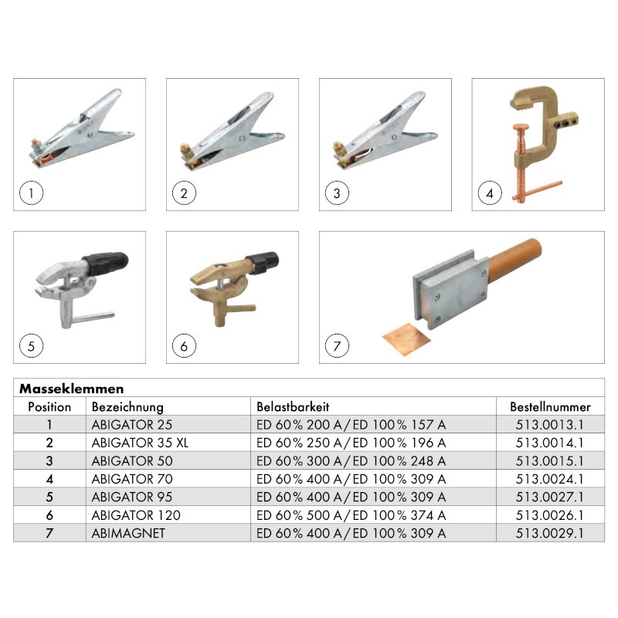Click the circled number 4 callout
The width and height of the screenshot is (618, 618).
click(x=490, y=193)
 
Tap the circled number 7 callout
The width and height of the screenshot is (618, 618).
click(x=337, y=346)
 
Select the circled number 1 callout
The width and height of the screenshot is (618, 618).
click(x=31, y=193)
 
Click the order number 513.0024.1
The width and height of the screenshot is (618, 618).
click(x=549, y=479)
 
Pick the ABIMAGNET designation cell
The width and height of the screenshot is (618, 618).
click(x=128, y=533)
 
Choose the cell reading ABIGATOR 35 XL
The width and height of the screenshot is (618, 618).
click(x=140, y=443)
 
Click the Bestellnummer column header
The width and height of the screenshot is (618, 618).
click(x=550, y=407)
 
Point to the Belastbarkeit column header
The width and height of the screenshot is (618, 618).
click(x=293, y=407)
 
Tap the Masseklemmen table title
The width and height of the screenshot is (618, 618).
click(x=72, y=389)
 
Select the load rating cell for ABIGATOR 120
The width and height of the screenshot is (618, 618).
click(x=351, y=515)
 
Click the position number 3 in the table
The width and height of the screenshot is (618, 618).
click(x=49, y=460)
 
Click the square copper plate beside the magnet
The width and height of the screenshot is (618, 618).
click(x=406, y=338)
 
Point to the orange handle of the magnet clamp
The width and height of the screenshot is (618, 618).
click(x=514, y=260)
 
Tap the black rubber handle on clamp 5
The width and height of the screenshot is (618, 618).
click(x=106, y=263)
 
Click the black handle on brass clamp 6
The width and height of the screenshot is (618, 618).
click(x=263, y=262)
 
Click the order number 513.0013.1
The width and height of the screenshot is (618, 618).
click(x=549, y=424)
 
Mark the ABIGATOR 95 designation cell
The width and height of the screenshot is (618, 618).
click(x=131, y=497)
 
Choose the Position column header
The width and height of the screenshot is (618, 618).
click(x=49, y=407)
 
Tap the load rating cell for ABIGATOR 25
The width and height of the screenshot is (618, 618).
click(x=351, y=424)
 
